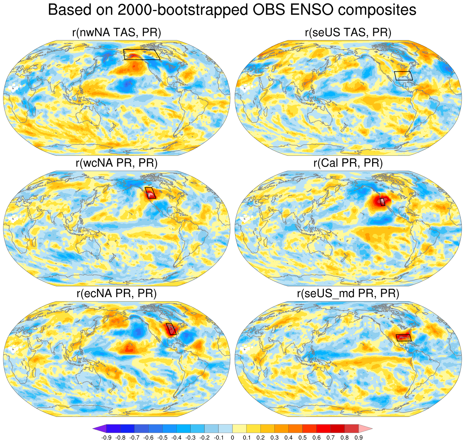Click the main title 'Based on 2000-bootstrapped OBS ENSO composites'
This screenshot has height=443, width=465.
(232, 10)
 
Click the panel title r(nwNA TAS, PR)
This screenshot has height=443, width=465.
(117, 33)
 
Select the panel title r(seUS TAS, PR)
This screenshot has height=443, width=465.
(348, 33)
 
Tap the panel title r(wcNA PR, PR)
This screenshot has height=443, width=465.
(117, 163)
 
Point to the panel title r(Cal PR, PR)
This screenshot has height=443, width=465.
(348, 163)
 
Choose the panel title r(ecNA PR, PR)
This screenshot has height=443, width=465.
(117, 293)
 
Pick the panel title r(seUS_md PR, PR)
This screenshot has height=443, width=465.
(348, 293)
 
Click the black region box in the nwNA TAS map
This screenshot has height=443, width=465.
(142, 54)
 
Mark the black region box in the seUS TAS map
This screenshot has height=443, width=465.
(403, 76)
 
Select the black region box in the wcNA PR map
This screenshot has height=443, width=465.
(150, 193)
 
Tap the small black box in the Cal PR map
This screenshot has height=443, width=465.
(382, 202)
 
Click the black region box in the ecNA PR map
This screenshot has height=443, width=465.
(171, 329)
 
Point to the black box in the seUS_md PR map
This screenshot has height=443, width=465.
(403, 338)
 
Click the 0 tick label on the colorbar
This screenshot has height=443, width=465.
(232, 438)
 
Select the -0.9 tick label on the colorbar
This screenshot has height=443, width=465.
(106, 438)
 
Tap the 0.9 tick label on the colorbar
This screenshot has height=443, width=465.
(359, 438)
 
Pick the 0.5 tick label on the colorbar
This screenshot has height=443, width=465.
(303, 438)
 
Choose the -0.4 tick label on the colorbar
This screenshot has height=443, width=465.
(176, 438)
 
